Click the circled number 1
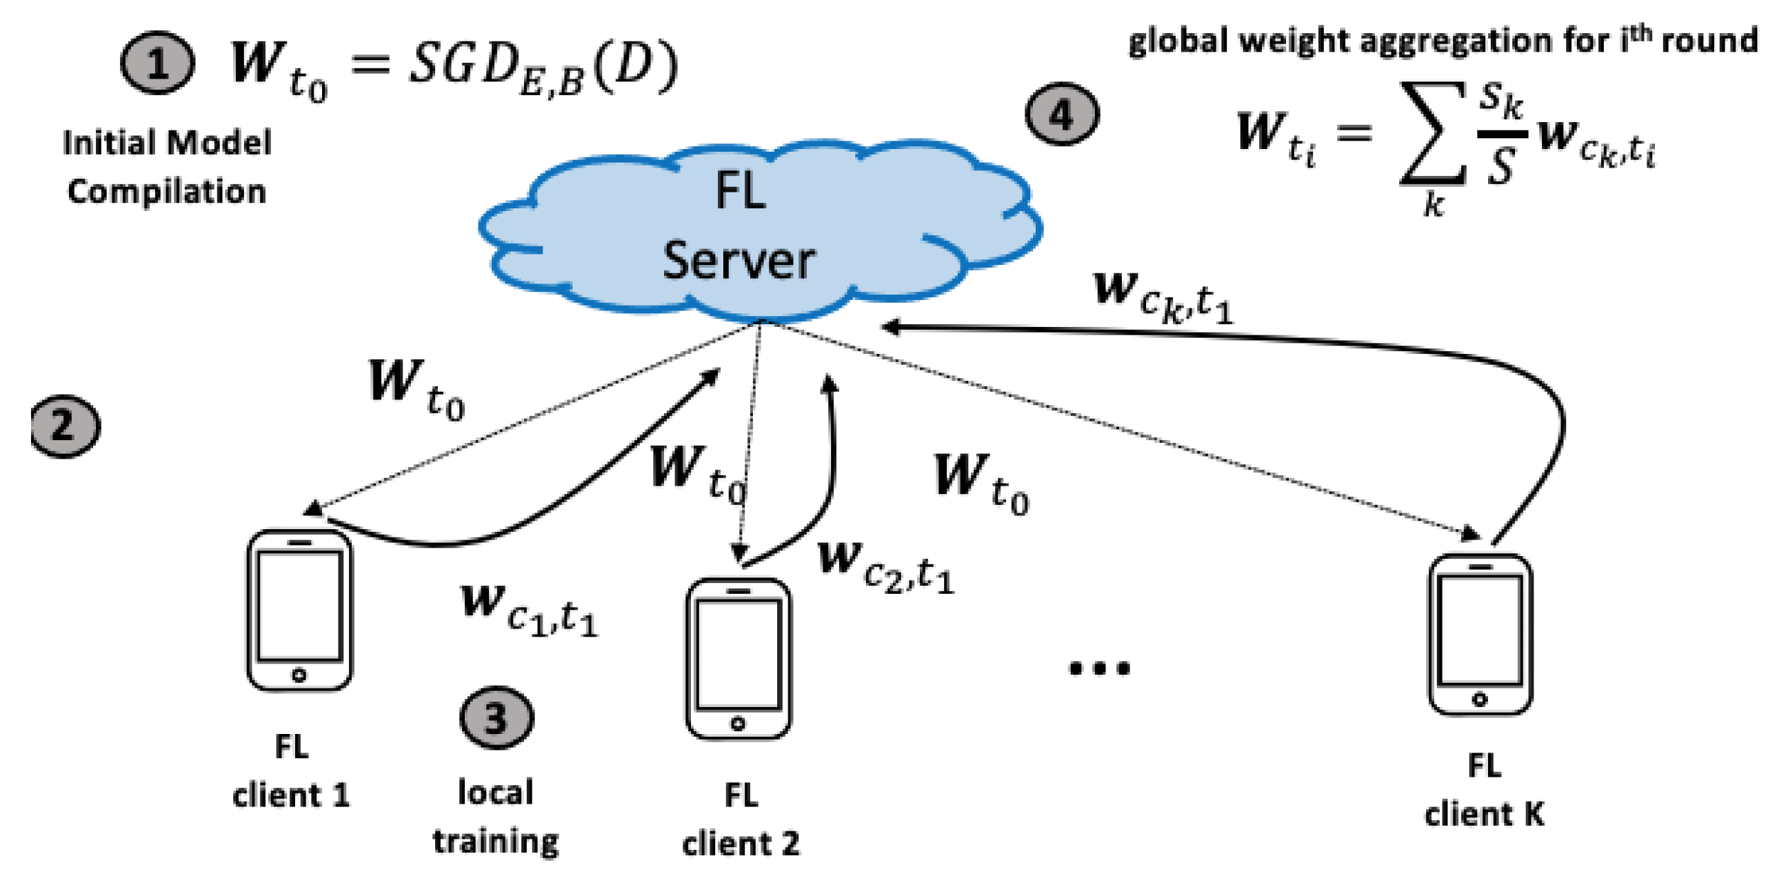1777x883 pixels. (157, 63)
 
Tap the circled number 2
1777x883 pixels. (65, 426)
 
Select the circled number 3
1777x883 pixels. (496, 717)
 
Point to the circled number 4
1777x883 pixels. (1062, 115)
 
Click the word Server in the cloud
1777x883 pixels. (738, 261)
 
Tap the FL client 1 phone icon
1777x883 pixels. (299, 610)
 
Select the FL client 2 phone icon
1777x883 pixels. (738, 658)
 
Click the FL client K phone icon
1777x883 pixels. (1480, 634)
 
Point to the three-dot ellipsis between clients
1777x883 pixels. (1099, 668)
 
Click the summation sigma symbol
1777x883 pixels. (1431, 135)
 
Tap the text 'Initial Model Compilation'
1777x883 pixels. (167, 167)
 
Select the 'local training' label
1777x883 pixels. (495, 816)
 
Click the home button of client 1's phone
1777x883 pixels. (299, 675)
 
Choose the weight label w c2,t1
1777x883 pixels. (885, 566)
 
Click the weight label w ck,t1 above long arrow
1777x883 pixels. (1163, 297)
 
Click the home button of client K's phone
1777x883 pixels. (1480, 700)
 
